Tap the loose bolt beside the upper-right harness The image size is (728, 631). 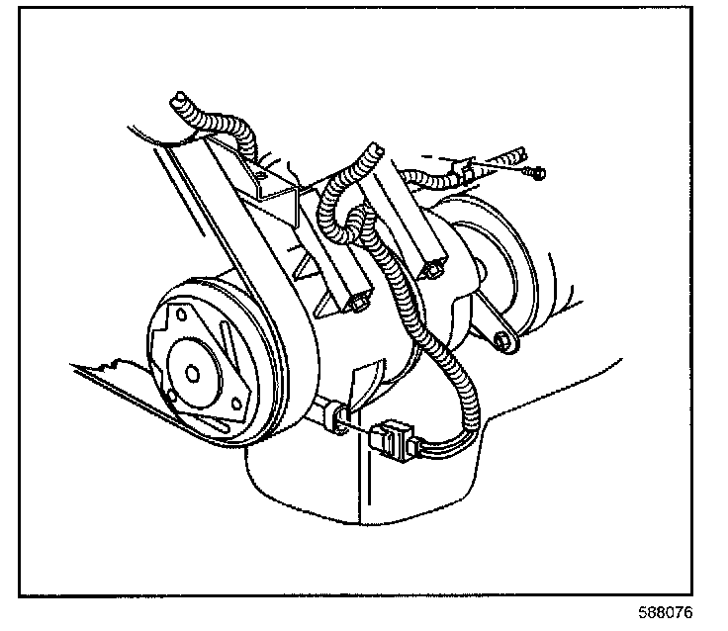pyautogui.click(x=534, y=174)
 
